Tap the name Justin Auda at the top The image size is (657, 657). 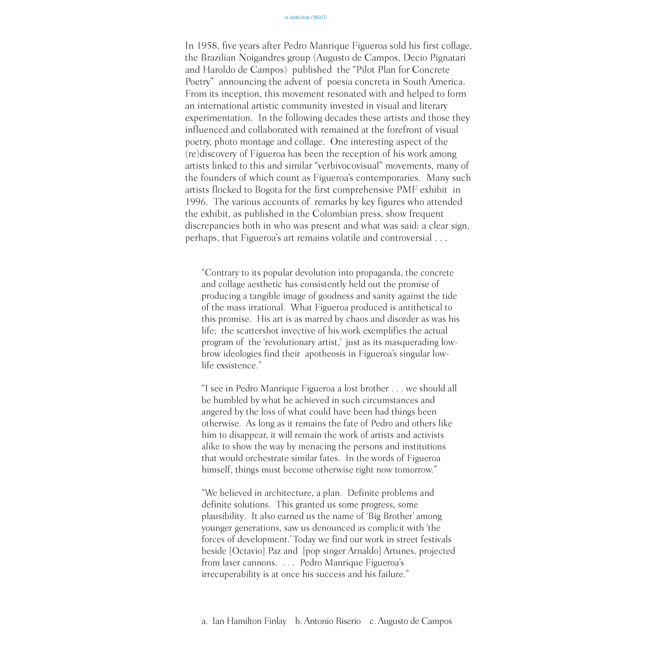click(x=299, y=17)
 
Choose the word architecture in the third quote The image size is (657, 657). click(x=288, y=493)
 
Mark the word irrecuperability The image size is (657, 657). click(x=236, y=574)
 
